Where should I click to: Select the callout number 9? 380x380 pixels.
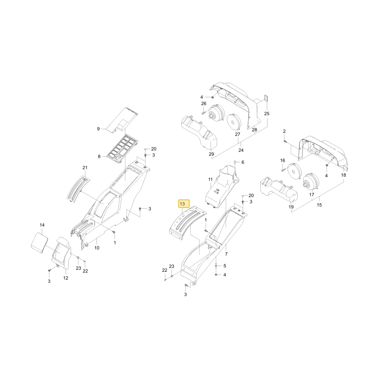point(98,129)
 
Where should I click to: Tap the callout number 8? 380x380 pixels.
point(99,157)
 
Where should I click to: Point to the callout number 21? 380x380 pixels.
point(85,168)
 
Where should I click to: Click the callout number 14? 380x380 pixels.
point(42,225)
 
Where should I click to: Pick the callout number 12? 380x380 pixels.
point(66,278)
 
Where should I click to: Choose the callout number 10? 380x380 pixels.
point(97,248)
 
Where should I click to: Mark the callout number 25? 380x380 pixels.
point(267,114)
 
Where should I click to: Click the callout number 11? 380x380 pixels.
point(211,180)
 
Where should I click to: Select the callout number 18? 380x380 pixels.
point(344,175)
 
